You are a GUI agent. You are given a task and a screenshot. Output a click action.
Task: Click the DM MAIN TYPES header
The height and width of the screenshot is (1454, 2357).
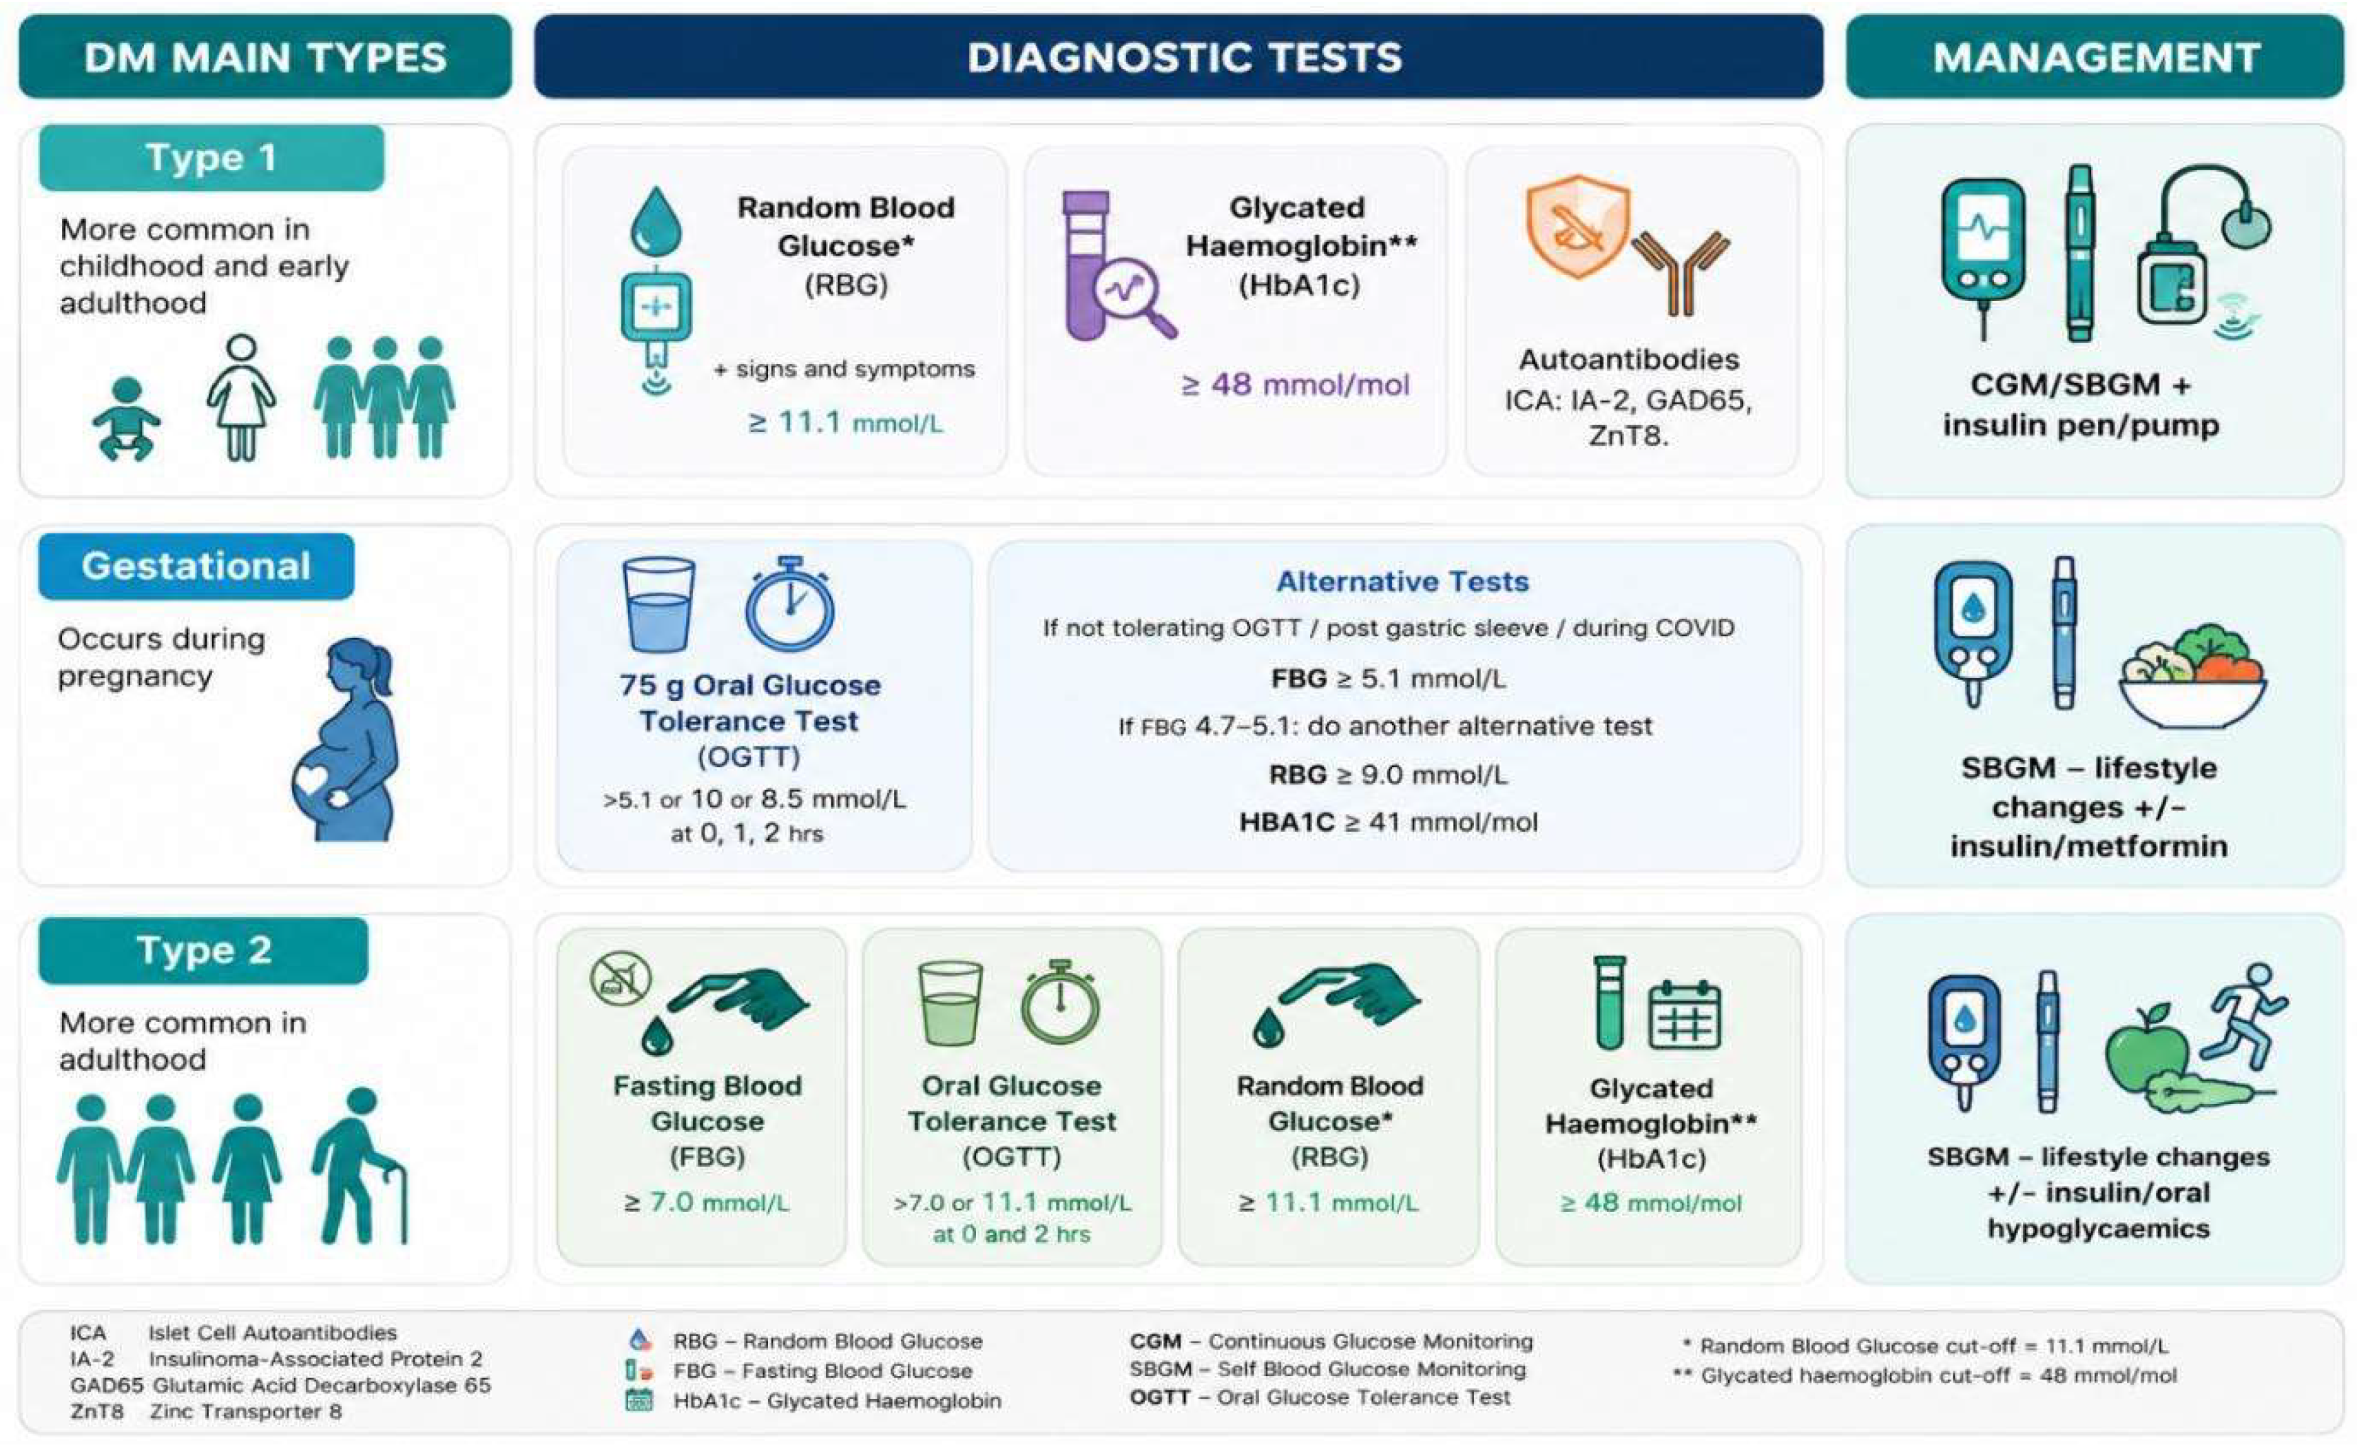(x=265, y=57)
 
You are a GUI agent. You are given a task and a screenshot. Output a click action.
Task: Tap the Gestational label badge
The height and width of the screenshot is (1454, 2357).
(x=196, y=566)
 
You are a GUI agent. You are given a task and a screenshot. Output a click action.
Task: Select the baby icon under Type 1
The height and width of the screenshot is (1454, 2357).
(x=126, y=418)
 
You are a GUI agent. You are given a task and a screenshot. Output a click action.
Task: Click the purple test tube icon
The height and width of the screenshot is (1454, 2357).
(x=1086, y=265)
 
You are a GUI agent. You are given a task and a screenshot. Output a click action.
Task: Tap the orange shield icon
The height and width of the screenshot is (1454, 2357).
(x=1577, y=226)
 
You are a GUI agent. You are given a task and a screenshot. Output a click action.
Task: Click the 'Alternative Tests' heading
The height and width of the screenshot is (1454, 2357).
(x=1402, y=581)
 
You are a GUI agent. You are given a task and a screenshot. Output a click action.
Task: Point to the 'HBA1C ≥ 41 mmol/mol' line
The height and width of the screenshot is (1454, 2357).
(x=1388, y=822)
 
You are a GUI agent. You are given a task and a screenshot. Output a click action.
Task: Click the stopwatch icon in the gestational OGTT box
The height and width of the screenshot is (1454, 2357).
(x=789, y=603)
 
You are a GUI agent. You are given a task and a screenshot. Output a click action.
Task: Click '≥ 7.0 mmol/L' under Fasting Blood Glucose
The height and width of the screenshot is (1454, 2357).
(x=707, y=1202)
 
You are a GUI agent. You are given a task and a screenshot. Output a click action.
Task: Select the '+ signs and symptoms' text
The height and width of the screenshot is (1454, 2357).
(x=844, y=369)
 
